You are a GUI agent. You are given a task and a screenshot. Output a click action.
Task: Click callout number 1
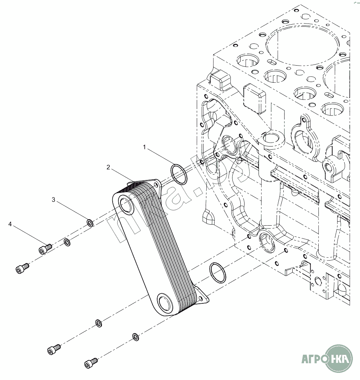coord(144,147)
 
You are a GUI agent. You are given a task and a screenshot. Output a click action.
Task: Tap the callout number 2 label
coord(108,167)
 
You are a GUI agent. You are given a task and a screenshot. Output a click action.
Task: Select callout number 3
coord(53,200)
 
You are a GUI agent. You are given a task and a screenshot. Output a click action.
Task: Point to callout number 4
coord(10,224)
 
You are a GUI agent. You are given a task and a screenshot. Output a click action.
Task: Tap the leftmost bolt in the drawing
coord(22,268)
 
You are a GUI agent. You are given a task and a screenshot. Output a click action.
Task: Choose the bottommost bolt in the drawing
coord(91,363)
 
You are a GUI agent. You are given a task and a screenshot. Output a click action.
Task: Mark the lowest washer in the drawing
coord(135,336)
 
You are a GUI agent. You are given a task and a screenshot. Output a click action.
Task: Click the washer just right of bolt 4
coord(67,242)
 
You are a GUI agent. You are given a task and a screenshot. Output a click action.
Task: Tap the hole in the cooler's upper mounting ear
coord(155,184)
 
